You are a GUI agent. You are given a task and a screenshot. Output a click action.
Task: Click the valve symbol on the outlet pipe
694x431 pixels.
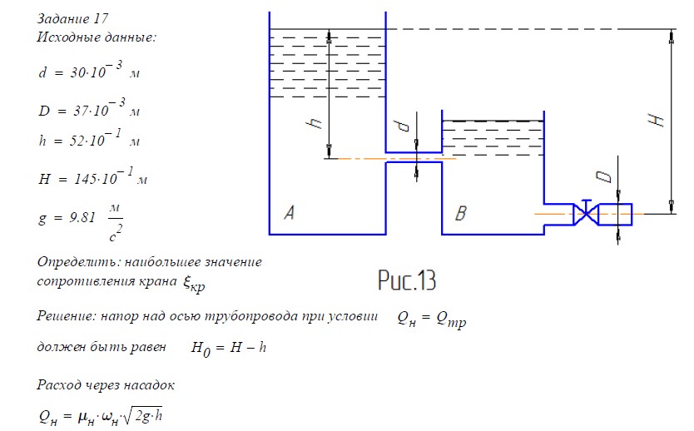click(x=586, y=214)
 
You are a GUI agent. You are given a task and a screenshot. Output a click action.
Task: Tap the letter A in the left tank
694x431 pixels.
click(x=289, y=213)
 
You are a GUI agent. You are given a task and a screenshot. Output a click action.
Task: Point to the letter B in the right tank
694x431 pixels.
click(x=461, y=213)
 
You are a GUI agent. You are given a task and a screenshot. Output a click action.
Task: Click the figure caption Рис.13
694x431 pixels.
click(x=407, y=280)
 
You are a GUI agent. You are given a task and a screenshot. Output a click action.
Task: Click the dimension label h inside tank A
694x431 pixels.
click(x=315, y=122)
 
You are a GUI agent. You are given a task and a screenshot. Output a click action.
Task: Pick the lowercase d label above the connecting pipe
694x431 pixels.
click(x=404, y=126)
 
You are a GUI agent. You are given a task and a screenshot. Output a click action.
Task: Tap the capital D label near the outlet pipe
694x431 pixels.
click(x=603, y=176)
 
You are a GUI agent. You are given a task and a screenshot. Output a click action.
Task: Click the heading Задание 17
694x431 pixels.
click(x=72, y=18)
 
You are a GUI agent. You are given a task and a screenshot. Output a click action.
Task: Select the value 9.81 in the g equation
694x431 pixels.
click(x=82, y=217)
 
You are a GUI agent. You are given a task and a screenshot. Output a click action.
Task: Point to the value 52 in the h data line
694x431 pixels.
click(x=76, y=141)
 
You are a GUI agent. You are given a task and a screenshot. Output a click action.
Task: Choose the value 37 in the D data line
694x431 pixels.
click(x=81, y=110)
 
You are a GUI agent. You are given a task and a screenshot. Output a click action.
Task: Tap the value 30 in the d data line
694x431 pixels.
click(x=77, y=72)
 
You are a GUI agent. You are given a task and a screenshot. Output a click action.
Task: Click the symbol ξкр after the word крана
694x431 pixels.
click(x=194, y=284)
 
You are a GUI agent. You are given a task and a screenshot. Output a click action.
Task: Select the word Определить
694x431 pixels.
click(x=78, y=262)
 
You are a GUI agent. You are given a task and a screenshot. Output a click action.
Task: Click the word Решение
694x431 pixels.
click(x=65, y=316)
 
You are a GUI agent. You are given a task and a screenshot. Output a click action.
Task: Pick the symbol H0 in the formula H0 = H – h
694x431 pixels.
click(x=201, y=349)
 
